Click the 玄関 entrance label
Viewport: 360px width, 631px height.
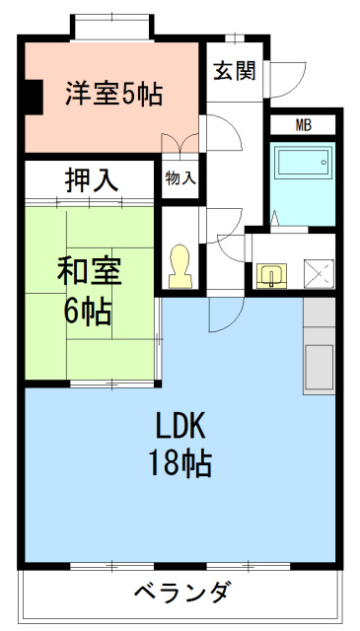tap(235, 71)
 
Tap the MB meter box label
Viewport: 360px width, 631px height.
tap(304, 125)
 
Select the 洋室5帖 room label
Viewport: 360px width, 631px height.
tap(114, 94)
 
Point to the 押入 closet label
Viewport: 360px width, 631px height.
tap(92, 181)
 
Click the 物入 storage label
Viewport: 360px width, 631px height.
tap(180, 178)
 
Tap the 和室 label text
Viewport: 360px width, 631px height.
tap(89, 272)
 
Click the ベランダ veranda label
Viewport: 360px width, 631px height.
tap(182, 591)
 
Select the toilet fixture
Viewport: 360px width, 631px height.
tap(180, 266)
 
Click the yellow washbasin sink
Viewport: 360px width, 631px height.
tap(271, 276)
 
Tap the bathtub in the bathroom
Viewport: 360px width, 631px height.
tap(304, 162)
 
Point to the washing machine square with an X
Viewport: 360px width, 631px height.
tap(319, 274)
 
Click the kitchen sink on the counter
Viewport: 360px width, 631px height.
tap(319, 367)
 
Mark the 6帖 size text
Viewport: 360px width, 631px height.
tap(88, 313)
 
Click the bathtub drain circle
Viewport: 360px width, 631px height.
tap(323, 162)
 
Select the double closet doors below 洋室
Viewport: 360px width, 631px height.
tap(180, 144)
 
